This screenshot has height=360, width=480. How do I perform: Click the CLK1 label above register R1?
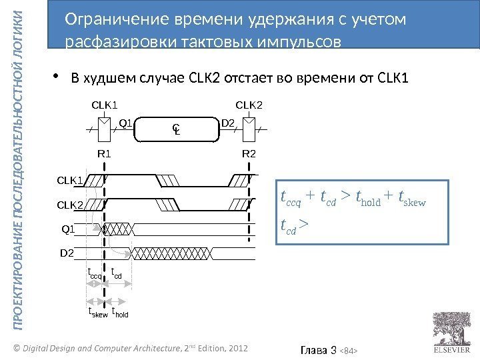click(x=104, y=105)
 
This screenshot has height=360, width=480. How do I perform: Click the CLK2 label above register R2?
click(x=250, y=105)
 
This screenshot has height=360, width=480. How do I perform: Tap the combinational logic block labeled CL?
click(x=177, y=129)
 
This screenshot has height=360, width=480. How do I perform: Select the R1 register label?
click(x=104, y=154)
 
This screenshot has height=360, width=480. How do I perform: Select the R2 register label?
click(x=249, y=154)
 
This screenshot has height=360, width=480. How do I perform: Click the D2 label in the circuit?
click(x=227, y=123)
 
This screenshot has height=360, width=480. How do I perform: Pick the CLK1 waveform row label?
click(x=69, y=180)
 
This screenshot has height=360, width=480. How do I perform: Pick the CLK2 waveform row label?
click(x=69, y=204)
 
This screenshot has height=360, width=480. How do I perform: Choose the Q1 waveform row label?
click(x=68, y=229)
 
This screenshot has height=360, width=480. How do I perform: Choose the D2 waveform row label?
click(x=67, y=253)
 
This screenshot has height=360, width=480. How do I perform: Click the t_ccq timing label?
click(x=95, y=274)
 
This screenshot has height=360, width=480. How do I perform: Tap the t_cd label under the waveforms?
click(x=117, y=274)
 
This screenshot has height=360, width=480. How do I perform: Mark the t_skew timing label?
click(x=97, y=312)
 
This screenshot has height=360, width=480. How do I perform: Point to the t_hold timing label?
click(x=120, y=312)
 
